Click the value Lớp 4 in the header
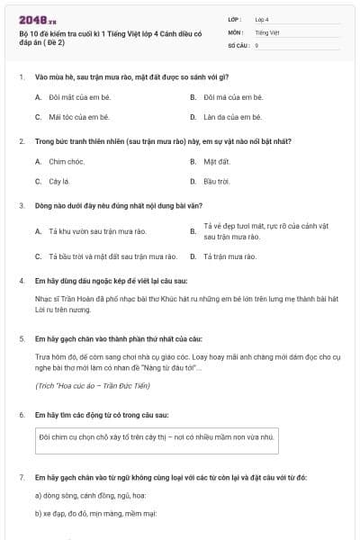262,18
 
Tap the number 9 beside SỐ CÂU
256,44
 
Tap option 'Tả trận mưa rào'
229,256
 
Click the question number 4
22,281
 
